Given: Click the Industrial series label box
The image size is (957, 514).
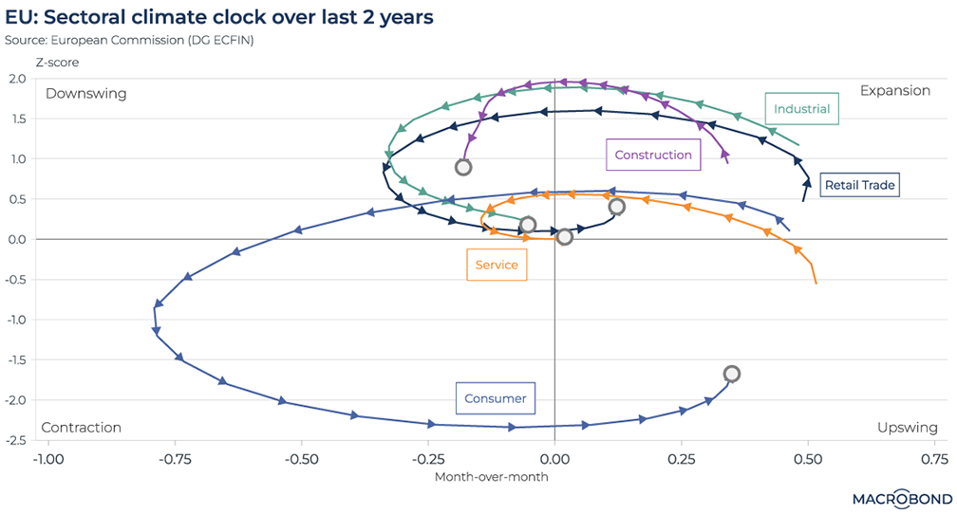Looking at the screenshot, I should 801,109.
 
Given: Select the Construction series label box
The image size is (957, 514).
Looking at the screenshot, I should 653,155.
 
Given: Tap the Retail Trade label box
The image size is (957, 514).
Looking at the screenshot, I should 860,185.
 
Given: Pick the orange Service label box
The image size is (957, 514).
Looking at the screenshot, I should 497,265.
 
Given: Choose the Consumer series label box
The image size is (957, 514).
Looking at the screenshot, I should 495,398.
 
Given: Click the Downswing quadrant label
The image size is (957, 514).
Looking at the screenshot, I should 85,94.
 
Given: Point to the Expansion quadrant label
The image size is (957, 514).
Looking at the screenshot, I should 894,91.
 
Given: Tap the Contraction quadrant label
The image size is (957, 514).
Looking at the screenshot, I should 82,428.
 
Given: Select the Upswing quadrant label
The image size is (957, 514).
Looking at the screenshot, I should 906,428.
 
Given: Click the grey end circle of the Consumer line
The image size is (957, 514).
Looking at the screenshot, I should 731,374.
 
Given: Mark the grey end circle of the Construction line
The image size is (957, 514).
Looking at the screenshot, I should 463,167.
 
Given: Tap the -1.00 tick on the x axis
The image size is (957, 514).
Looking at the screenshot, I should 47,459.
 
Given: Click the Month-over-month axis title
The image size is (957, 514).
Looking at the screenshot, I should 491,476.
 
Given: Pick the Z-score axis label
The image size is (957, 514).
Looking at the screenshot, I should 57,63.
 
